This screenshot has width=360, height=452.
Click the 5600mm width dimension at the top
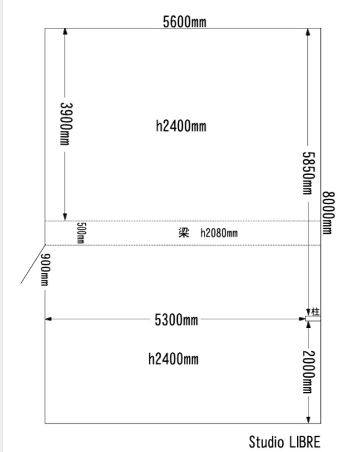(185, 22)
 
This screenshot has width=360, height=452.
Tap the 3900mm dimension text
(66, 124)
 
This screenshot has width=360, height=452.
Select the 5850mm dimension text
(308, 173)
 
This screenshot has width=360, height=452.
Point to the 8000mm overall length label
(328, 213)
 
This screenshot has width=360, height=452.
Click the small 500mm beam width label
(81, 233)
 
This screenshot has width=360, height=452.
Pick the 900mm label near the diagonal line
(45, 270)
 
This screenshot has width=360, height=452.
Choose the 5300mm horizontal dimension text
(176, 320)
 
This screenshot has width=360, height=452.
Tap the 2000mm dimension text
(308, 372)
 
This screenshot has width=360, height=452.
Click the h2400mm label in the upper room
(181, 126)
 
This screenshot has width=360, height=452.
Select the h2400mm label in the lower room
(173, 359)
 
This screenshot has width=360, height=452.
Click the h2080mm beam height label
(219, 233)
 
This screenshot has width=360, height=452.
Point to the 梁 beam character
(184, 233)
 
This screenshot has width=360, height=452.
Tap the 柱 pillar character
(315, 312)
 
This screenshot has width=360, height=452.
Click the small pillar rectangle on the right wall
(313, 319)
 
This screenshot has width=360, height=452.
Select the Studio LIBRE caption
(284, 442)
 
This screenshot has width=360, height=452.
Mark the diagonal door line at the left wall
(33, 264)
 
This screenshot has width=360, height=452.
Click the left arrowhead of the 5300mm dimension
(48, 319)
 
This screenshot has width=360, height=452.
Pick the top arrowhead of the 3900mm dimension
(65, 32)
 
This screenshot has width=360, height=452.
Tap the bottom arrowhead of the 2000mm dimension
(309, 420)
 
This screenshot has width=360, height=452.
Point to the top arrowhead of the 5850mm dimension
(308, 32)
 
